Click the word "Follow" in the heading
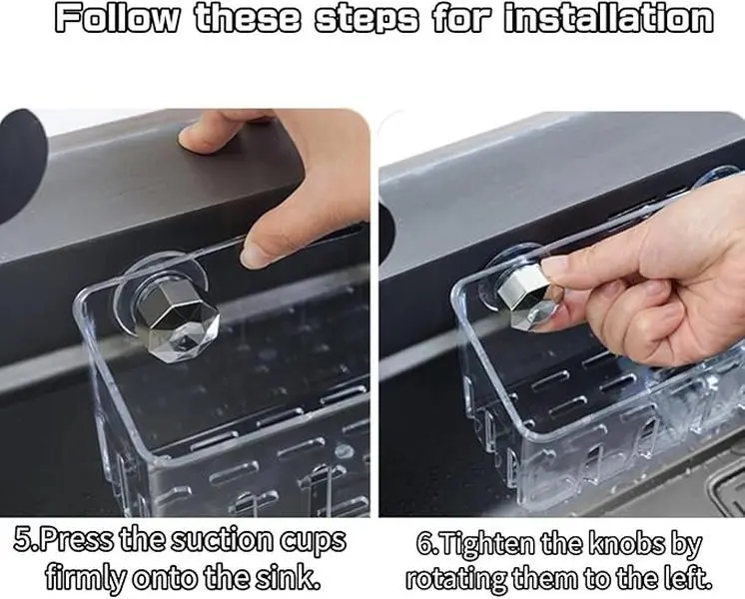click(x=118, y=19)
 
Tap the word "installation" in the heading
click(x=608, y=19)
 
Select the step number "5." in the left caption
click(x=26, y=540)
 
